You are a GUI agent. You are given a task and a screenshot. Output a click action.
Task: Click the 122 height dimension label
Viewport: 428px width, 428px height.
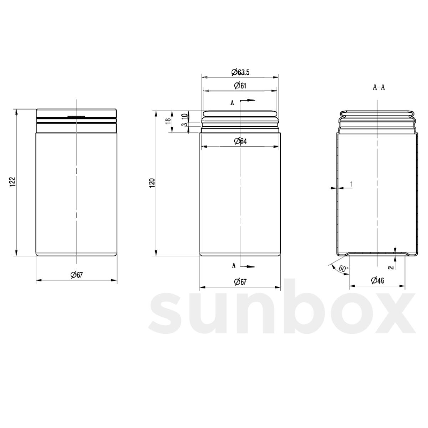pos(11,182)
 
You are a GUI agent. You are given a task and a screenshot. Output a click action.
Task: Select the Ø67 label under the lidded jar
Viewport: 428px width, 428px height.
pos(77,275)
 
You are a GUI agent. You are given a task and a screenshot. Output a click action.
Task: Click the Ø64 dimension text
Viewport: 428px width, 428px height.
pos(240,141)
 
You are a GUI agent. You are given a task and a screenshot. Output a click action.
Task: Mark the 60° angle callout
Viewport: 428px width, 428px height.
pos(343,269)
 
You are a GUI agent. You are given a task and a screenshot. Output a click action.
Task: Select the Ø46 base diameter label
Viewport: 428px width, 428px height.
pos(377,280)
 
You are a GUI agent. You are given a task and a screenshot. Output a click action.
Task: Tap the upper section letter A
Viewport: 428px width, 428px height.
pos(232,103)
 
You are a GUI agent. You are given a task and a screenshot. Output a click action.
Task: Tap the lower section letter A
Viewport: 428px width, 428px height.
pos(234,265)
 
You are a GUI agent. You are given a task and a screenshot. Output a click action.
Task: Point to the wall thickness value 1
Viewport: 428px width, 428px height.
pos(351,184)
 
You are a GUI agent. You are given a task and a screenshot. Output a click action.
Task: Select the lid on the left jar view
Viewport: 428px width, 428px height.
pos(76,113)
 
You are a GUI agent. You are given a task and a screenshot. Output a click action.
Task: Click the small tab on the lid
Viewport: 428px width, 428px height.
pos(76,116)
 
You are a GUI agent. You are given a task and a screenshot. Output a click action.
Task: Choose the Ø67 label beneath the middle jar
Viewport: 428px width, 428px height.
pos(240,282)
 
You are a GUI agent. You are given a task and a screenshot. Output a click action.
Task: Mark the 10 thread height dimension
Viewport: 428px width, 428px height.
pos(184,116)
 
